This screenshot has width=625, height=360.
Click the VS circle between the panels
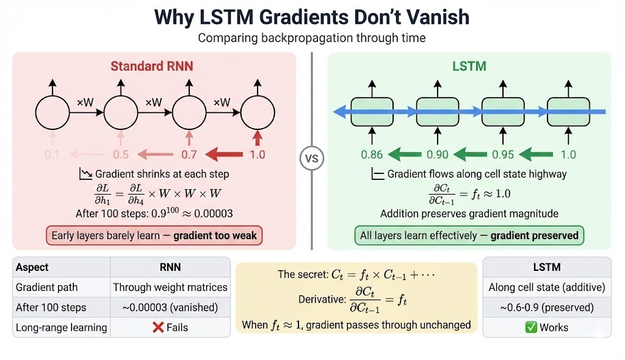click(x=311, y=159)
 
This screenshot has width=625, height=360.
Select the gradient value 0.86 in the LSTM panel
click(x=372, y=154)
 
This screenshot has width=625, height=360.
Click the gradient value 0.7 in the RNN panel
click(x=189, y=154)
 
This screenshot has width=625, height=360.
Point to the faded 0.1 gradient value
click(x=52, y=154)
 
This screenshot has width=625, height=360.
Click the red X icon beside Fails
click(x=158, y=328)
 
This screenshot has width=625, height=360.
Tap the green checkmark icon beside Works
click(x=530, y=328)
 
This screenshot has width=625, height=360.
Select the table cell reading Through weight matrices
click(x=170, y=287)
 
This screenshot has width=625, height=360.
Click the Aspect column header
click(x=32, y=267)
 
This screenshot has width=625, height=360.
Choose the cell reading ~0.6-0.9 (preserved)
click(x=546, y=308)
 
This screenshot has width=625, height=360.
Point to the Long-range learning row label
click(x=61, y=328)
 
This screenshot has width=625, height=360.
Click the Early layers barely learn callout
click(x=154, y=236)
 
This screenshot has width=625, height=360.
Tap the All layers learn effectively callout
click(x=469, y=236)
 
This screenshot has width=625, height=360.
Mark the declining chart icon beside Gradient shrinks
click(x=85, y=175)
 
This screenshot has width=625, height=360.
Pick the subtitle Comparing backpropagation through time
click(x=311, y=38)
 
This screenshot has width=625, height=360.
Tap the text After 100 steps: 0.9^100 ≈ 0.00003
click(x=154, y=214)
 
